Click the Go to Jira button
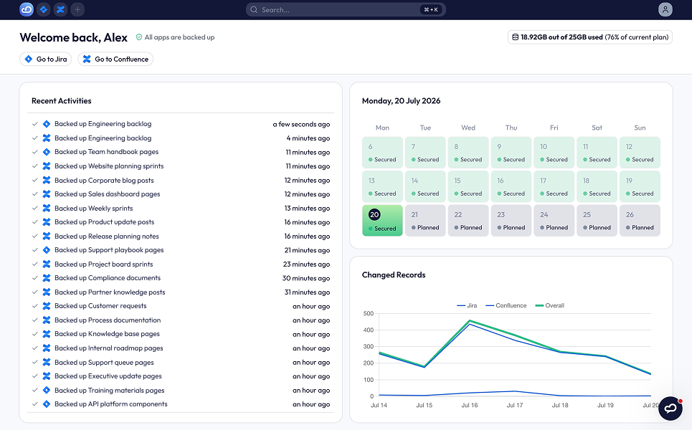point(45,59)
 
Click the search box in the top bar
point(346,10)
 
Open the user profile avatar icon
point(665,10)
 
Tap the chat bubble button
point(670,408)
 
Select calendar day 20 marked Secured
point(382,221)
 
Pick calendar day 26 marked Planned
point(640,221)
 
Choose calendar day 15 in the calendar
point(468,186)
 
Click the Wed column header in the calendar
point(468,128)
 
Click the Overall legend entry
point(549,305)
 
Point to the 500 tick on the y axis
point(369,314)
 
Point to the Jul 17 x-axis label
point(515,406)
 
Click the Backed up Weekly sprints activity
point(93,208)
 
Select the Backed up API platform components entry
point(110,404)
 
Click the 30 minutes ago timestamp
point(305,278)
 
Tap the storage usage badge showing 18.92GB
point(590,37)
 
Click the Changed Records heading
point(394,274)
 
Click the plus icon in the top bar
point(77,10)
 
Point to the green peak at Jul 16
point(469,320)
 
